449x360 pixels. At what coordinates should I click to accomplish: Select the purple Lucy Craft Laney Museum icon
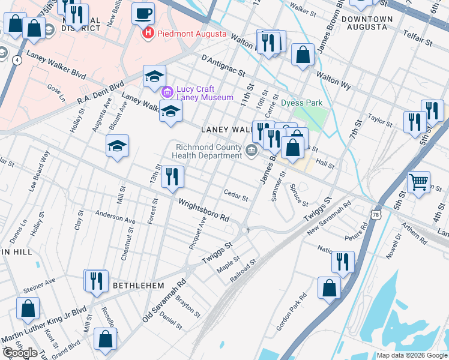(x=167, y=93)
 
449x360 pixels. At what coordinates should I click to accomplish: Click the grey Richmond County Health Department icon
(x=252, y=151)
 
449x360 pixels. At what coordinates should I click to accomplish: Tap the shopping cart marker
(x=418, y=182)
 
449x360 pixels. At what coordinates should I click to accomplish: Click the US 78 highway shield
(x=376, y=214)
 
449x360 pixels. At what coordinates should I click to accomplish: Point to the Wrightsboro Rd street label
(x=204, y=209)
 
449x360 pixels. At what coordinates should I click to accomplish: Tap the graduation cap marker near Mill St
(x=118, y=145)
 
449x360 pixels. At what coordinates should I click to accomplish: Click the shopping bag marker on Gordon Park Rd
(x=330, y=288)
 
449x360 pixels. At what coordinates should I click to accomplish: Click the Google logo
(x=20, y=353)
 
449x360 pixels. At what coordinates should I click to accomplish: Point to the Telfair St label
(x=418, y=42)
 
